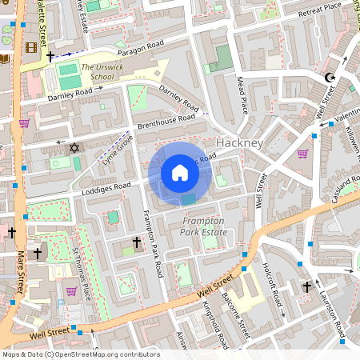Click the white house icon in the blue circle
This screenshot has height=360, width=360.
(180, 173)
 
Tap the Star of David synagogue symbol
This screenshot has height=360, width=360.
(75, 148)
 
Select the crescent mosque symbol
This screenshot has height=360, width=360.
(329, 78)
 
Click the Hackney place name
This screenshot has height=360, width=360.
(239, 142)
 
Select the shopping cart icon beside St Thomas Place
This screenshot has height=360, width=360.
(71, 291)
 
